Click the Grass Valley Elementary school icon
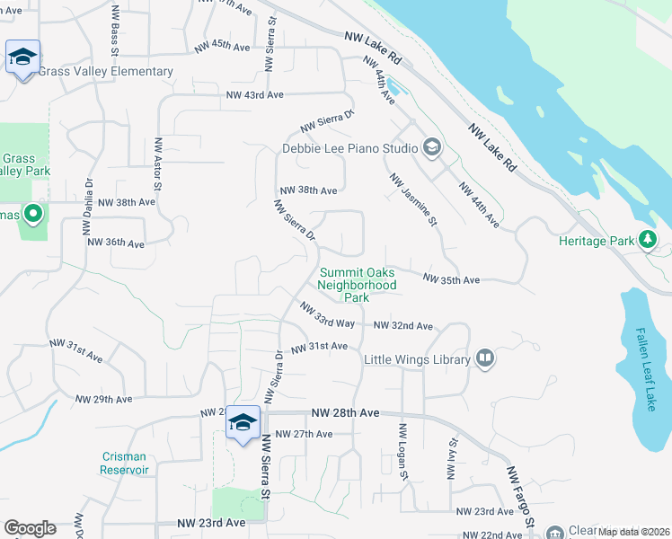pyautogui.click(x=22, y=57)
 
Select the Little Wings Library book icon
pyautogui.click(x=485, y=359)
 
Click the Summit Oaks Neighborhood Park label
pyautogui.click(x=358, y=285)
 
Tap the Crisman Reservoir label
pyautogui.click(x=124, y=463)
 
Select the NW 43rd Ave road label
pyautogui.click(x=255, y=94)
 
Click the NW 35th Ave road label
pyautogui.click(x=451, y=280)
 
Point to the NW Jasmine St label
pyautogui.click(x=414, y=199)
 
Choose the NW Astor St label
pyautogui.click(x=158, y=164)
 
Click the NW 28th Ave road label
pyautogui.click(x=345, y=412)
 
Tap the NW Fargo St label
pyautogui.click(x=521, y=497)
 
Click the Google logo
pyautogui.click(x=30, y=528)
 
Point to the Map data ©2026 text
pyautogui.click(x=634, y=531)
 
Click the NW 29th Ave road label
pyautogui.click(x=103, y=399)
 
